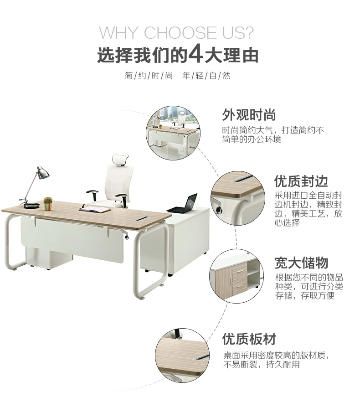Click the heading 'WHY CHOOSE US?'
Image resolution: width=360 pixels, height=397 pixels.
pyautogui.click(x=176, y=32)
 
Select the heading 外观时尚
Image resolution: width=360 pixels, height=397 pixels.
pyautogui.click(x=249, y=115)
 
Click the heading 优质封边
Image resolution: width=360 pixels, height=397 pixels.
pyautogui.click(x=301, y=181)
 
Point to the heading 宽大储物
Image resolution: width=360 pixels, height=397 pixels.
pyautogui.click(x=301, y=263)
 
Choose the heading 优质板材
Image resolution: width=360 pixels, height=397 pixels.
pyautogui.click(x=249, y=339)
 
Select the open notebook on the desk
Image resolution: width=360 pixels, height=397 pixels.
pyautogui.click(x=95, y=209)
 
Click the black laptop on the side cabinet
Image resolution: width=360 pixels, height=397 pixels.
pyautogui.click(x=184, y=204)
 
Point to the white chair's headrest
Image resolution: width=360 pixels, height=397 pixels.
pyautogui.click(x=120, y=160)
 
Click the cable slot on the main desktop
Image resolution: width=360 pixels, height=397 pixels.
pyautogui.click(x=143, y=218)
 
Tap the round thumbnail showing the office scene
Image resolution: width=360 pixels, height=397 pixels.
pyautogui.click(x=173, y=133)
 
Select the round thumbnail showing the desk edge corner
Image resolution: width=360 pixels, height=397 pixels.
pyautogui.click(x=238, y=198)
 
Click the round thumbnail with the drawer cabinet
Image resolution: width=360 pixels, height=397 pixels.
pyautogui.click(x=237, y=276)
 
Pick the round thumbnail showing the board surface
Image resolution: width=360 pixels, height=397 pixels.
pyautogui.click(x=182, y=355)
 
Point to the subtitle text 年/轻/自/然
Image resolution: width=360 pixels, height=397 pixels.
pyautogui.click(x=206, y=76)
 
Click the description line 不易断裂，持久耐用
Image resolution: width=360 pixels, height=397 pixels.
pyautogui.click(x=262, y=365)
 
